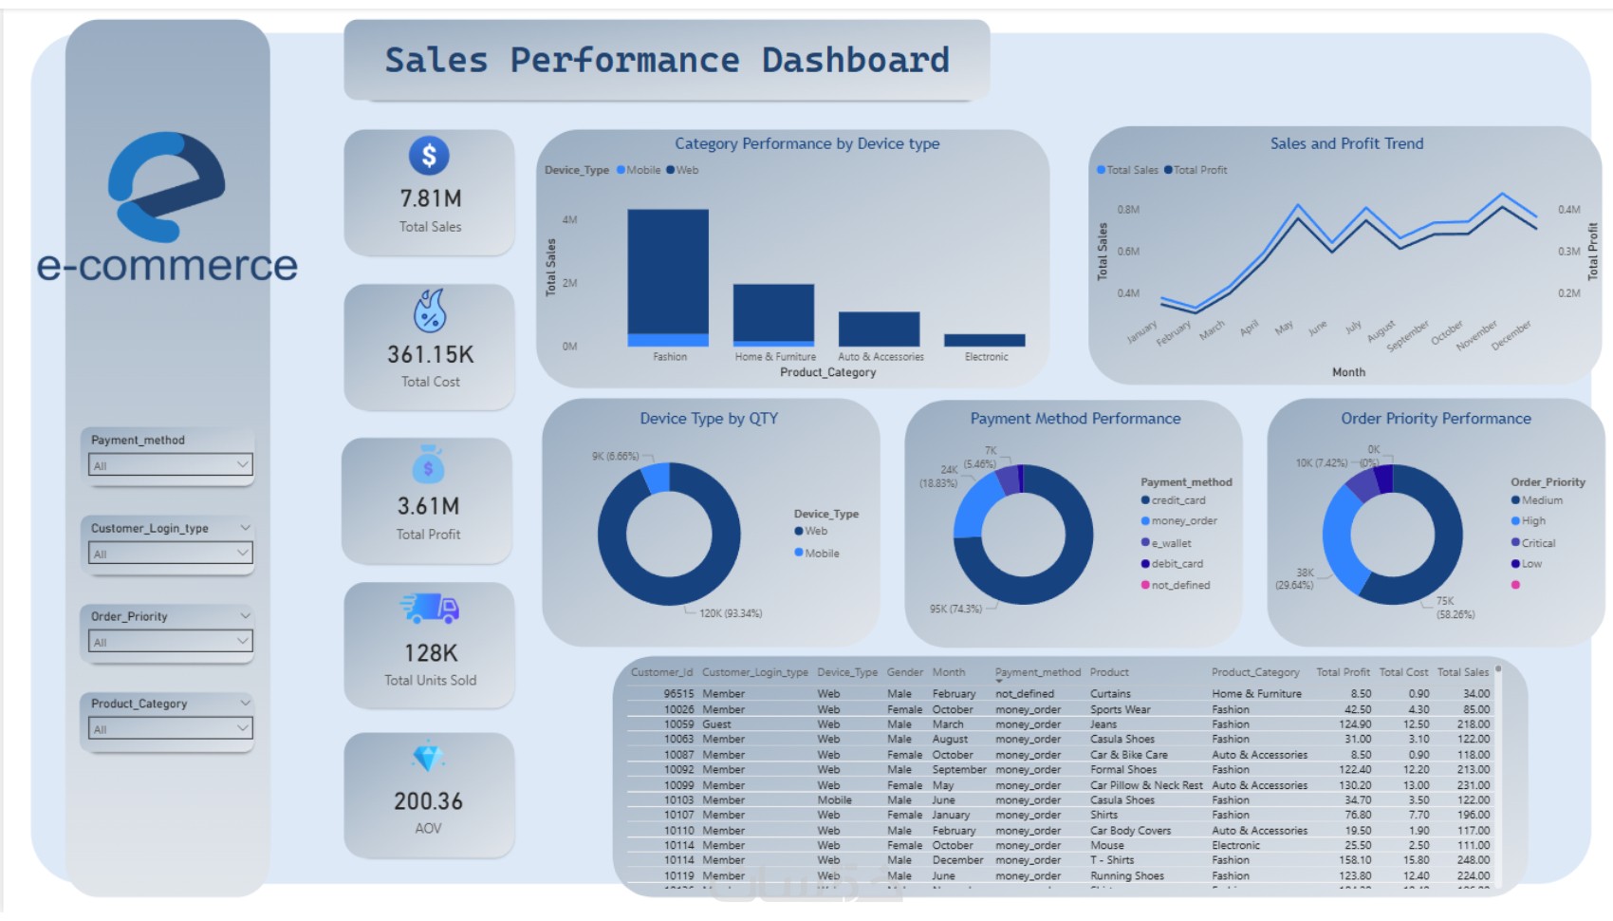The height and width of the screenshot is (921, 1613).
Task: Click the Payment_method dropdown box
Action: click(x=169, y=465)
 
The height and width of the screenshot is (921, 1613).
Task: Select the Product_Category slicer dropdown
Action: click(x=169, y=728)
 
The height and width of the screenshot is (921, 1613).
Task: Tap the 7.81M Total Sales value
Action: click(x=430, y=198)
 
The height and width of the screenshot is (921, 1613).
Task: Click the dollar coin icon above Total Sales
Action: click(x=429, y=156)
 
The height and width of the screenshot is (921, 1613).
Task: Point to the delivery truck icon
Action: click(x=430, y=609)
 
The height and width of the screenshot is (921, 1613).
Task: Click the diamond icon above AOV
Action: click(x=428, y=758)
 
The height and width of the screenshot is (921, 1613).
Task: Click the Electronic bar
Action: click(x=984, y=340)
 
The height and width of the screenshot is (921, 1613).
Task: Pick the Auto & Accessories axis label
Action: click(x=881, y=357)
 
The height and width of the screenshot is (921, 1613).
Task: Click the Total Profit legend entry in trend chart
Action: click(x=1199, y=170)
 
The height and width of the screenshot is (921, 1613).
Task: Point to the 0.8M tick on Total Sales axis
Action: click(x=1128, y=210)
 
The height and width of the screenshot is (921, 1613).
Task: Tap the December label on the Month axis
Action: click(x=1511, y=335)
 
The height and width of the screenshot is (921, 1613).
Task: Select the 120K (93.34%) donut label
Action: click(x=731, y=613)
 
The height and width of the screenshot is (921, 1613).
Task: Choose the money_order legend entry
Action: click(x=1183, y=521)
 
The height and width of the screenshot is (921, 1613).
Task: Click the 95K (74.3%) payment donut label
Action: click(x=955, y=609)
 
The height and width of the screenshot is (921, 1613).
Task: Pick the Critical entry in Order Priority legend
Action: click(x=1538, y=543)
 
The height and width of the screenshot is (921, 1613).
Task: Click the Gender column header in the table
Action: click(x=904, y=672)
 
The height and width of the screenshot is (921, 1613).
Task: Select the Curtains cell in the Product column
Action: click(x=1110, y=694)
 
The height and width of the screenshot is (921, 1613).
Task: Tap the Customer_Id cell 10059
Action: click(x=678, y=724)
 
